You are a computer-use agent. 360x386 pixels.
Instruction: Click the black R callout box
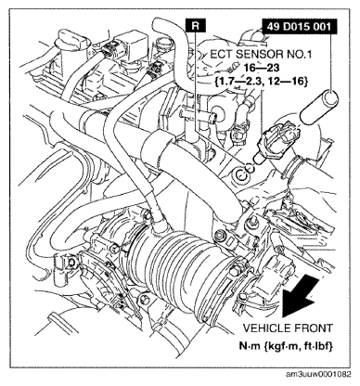point(196,25)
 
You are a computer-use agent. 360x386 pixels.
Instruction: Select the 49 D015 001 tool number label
point(300,27)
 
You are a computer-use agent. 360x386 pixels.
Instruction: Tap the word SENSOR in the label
point(259,55)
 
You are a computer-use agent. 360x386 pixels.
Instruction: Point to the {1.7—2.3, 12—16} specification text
point(261,81)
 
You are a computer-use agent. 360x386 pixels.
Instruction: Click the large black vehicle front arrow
point(302,297)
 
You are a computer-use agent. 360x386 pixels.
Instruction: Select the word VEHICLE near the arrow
point(265,328)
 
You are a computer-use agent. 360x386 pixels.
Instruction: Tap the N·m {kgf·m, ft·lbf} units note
point(286,346)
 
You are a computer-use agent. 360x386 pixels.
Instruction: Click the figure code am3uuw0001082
point(318,375)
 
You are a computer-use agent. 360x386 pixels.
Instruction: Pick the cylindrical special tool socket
point(320,108)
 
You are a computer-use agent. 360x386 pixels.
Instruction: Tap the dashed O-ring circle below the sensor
point(250,168)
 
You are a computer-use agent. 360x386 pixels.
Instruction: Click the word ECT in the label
point(222,55)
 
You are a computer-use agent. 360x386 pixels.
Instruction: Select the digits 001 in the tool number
point(321,27)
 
